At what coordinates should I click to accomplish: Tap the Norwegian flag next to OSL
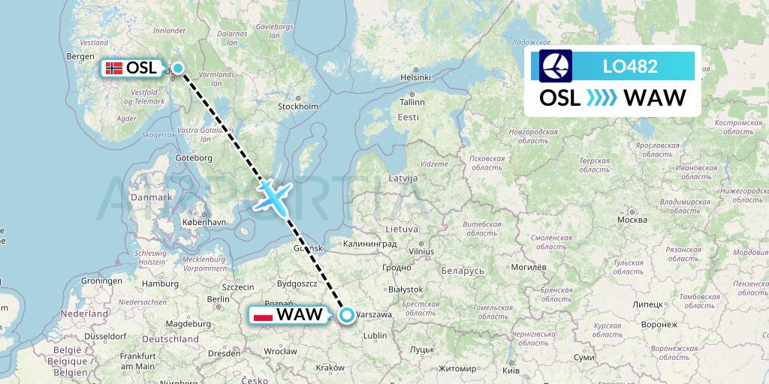[114, 68]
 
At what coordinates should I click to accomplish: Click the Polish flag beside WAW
[263, 315]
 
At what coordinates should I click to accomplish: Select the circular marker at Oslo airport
[178, 68]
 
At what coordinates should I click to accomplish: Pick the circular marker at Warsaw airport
[346, 315]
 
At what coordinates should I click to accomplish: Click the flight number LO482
[630, 66]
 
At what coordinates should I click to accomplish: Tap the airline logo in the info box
[556, 66]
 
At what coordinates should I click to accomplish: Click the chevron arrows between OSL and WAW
[601, 97]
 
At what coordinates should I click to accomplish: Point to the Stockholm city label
[298, 106]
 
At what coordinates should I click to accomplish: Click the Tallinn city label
[412, 102]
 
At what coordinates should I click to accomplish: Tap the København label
[205, 223]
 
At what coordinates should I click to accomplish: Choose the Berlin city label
[218, 298]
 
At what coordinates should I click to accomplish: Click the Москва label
[632, 220]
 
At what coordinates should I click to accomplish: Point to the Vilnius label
[423, 252]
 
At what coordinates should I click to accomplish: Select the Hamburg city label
[160, 284]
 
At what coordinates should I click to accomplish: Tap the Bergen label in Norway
[80, 56]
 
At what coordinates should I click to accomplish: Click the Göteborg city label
[194, 158]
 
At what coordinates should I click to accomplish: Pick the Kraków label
[331, 367]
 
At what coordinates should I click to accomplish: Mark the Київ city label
[510, 370]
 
